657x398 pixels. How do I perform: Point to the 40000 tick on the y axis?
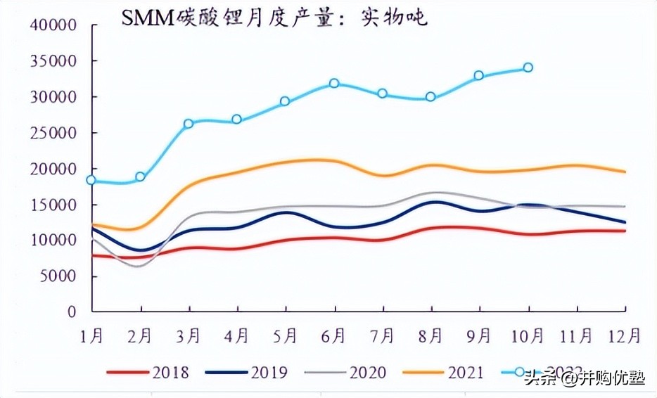[x=53, y=25]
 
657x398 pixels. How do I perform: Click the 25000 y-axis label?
[x=53, y=133]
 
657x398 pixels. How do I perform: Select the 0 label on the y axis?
[x=72, y=312]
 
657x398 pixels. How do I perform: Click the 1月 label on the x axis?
[x=92, y=336]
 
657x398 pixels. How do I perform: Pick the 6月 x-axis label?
[x=334, y=336]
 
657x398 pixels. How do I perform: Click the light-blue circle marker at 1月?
[x=91, y=180]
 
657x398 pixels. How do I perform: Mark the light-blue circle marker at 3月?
[x=188, y=124]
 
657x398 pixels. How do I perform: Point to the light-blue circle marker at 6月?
[x=334, y=83]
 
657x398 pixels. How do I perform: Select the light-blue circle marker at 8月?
[x=430, y=97]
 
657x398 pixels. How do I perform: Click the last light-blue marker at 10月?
[x=528, y=68]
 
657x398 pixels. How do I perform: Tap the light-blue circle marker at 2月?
[x=140, y=176]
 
